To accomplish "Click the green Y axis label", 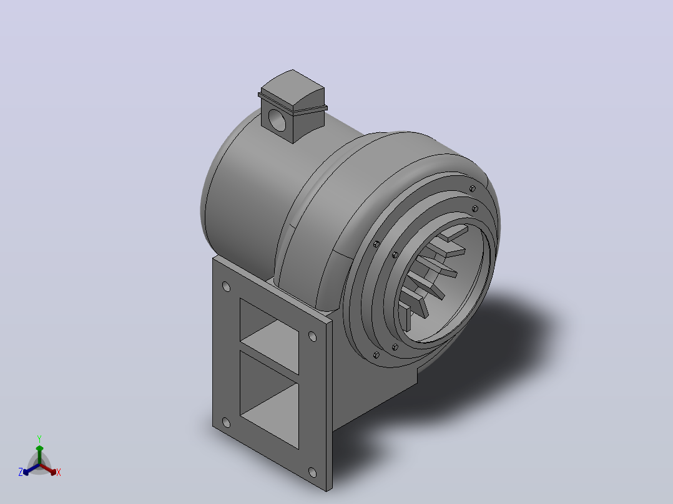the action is [39, 439].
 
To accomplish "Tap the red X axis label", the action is [59, 472].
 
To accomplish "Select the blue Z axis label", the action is [21, 472].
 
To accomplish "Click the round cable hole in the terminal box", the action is [277, 120].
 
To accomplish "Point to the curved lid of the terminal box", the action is [293, 89].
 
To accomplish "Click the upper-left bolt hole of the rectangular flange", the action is [226, 286].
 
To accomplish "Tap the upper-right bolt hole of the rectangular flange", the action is [312, 336].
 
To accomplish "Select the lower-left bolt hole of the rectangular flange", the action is [226, 424].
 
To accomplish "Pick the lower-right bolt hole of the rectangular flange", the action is [312, 473].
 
